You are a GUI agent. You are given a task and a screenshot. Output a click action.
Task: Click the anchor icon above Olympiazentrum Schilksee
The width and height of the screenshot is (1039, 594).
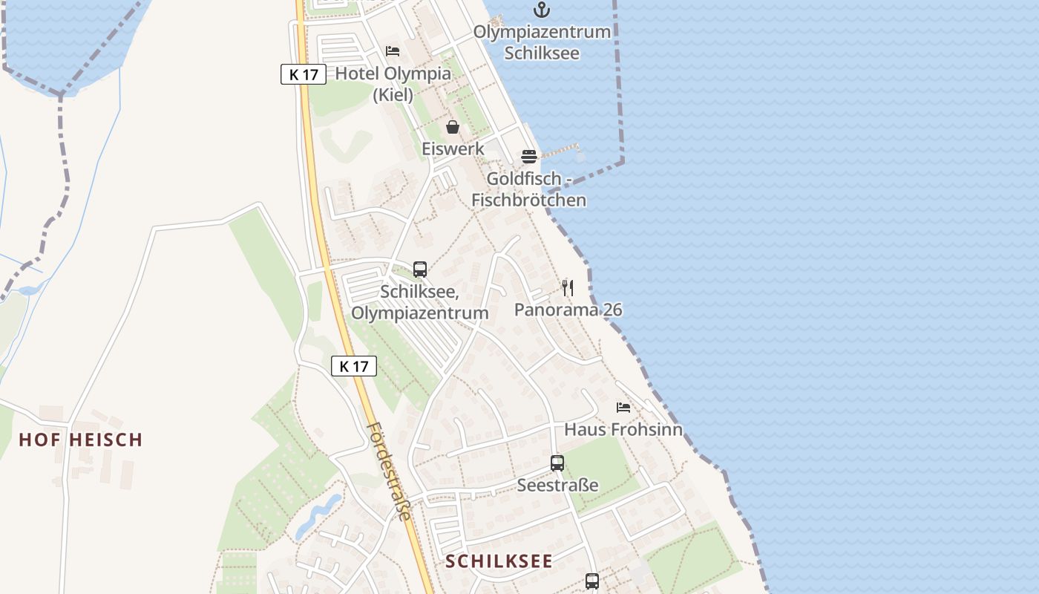click(x=543, y=10)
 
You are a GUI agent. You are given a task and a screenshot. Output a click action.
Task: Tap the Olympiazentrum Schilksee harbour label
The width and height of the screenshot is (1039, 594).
click(x=542, y=42)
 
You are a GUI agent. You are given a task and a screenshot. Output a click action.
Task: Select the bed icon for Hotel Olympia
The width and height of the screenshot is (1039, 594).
click(x=393, y=51)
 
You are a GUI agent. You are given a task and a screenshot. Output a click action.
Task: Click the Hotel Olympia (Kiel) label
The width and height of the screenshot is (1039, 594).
click(x=393, y=84)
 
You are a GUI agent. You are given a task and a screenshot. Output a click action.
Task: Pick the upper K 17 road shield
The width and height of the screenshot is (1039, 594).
click(x=304, y=74)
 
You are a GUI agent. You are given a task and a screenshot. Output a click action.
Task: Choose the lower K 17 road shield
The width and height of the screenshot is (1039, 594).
click(x=354, y=366)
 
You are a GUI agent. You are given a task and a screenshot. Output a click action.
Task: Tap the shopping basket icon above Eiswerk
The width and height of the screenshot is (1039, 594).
click(x=453, y=127)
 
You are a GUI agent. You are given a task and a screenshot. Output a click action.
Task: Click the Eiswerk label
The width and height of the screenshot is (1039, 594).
click(x=453, y=148)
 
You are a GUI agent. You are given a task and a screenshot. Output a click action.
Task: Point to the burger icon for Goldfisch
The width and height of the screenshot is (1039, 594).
click(x=529, y=157)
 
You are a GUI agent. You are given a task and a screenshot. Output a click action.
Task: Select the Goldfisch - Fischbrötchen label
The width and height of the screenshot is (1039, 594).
click(x=528, y=189)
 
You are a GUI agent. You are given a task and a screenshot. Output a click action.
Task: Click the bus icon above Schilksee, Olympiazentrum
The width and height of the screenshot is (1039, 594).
click(x=420, y=270)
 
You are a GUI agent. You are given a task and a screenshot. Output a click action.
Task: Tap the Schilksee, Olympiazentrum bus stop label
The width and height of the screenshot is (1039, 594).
click(x=420, y=302)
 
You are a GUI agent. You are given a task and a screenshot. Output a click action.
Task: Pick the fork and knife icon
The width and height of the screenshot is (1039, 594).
click(x=568, y=288)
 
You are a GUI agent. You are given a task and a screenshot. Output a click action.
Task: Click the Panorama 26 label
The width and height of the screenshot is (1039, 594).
click(x=568, y=310)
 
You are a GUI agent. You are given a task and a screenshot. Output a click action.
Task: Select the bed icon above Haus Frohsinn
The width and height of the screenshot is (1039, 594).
click(x=623, y=408)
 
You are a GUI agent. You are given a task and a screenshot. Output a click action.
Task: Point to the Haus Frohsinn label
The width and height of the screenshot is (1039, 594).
click(x=623, y=429)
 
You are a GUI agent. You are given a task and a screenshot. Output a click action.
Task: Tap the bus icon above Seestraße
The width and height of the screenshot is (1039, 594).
click(x=557, y=463)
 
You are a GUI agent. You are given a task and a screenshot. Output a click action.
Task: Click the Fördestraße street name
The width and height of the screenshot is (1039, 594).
click(x=390, y=471)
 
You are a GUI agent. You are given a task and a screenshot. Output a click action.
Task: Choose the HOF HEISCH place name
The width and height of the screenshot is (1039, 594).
click(x=80, y=440)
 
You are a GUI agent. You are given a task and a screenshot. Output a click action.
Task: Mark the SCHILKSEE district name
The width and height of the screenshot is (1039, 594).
click(x=499, y=561)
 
